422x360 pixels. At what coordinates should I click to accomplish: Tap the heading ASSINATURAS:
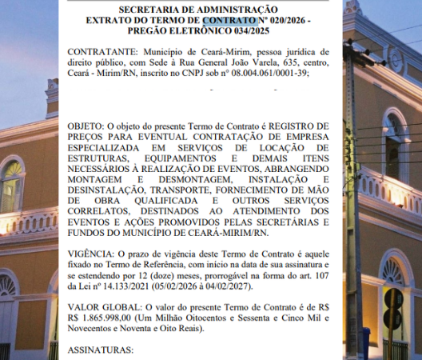[102, 350]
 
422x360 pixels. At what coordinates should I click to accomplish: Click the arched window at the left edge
[10, 188]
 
